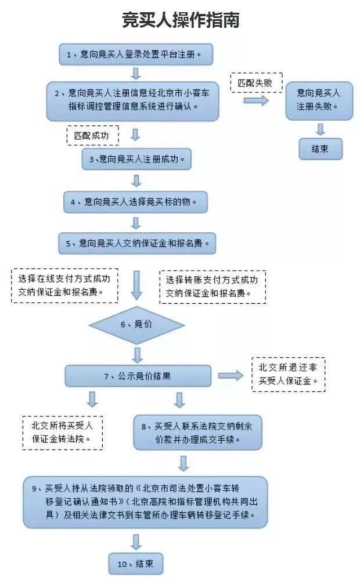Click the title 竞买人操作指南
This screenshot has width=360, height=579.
180,21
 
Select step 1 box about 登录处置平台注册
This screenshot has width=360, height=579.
136,55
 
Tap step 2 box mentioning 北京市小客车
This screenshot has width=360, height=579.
133,99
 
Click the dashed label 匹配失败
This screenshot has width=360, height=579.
255,82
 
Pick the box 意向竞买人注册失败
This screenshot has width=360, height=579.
319,100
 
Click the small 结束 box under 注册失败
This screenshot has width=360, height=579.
320,149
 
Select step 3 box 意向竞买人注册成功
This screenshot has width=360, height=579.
136,159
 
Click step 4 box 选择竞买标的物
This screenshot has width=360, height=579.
136,202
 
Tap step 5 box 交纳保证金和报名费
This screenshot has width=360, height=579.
137,243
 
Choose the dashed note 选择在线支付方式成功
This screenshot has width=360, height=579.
64,285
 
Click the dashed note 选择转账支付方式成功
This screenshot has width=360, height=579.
212,286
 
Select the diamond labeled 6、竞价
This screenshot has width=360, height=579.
136,324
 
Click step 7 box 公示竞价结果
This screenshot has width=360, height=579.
137,376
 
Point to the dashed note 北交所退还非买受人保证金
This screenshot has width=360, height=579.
288,375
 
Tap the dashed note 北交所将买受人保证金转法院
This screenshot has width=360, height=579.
62,432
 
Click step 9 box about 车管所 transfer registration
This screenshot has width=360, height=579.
145,502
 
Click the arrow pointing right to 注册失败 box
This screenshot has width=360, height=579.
256,101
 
